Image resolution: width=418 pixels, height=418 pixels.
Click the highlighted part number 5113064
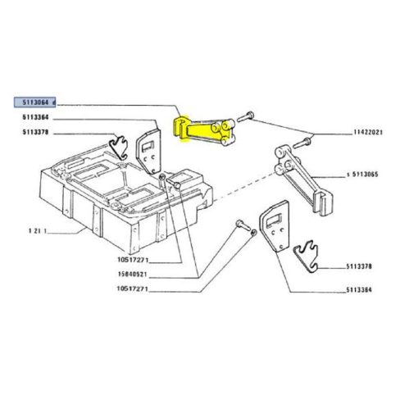click(35, 102)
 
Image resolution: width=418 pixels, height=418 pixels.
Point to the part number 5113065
click(365, 175)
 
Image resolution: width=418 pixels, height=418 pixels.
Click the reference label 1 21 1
click(38, 231)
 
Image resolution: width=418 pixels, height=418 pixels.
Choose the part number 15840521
click(133, 274)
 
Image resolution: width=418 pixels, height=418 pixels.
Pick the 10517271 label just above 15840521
click(133, 260)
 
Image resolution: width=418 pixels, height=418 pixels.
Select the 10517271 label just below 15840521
click(132, 289)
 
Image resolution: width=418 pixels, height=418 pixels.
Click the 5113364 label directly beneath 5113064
click(35, 117)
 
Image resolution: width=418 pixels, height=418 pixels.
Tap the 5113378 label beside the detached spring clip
click(359, 266)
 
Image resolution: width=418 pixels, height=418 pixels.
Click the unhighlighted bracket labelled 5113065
click(303, 179)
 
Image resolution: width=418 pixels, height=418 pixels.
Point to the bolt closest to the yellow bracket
click(245, 116)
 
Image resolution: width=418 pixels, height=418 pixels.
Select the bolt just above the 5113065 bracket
click(302, 143)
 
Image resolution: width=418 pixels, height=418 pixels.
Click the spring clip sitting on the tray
click(120, 148)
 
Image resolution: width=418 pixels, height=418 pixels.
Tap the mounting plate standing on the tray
click(148, 151)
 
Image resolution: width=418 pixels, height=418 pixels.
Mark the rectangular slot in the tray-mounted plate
click(148, 146)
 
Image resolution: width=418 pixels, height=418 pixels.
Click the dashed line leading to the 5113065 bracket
click(243, 186)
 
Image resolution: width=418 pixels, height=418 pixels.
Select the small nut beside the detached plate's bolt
click(253, 233)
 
